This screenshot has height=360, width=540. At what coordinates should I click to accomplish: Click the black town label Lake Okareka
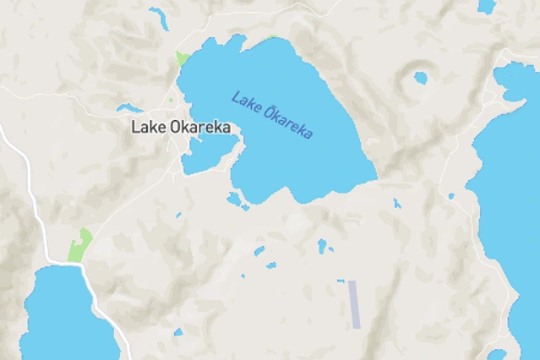pos(181,128)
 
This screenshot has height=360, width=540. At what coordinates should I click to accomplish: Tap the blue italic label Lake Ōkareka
pos(272,115)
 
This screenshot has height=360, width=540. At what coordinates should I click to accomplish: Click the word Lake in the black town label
pos(148,128)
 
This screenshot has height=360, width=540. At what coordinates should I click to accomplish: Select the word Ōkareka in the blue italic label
pos(288,123)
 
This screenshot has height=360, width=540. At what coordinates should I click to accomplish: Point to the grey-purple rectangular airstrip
pos(355,304)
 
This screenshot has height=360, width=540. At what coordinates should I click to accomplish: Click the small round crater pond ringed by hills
pos(420,78)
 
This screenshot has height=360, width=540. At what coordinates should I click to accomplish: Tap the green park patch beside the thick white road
pos(79,245)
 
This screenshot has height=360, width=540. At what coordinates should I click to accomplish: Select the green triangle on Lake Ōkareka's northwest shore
pos(182,60)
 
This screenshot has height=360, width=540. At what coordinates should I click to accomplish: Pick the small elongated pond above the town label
pos(131,108)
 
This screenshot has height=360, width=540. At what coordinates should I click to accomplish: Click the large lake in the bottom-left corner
pos(63,317)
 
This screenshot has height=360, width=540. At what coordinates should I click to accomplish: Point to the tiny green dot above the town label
pos(172,101)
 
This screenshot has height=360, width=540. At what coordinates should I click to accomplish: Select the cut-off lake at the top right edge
pos(486,6)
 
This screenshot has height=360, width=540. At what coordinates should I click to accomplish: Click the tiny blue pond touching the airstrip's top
pos(341,281)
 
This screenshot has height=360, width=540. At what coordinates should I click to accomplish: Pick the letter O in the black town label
pos(174,128)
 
